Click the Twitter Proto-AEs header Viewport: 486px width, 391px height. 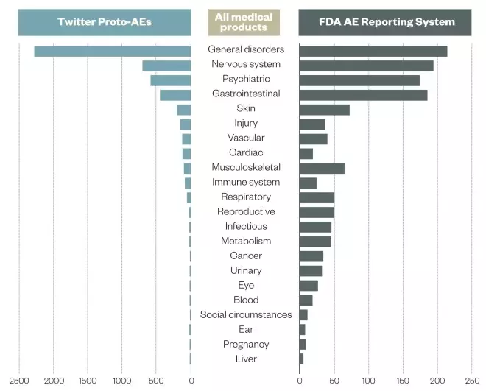click(x=105, y=22)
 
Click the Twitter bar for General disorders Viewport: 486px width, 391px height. click(x=113, y=50)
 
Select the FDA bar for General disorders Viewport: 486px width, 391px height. click(x=373, y=50)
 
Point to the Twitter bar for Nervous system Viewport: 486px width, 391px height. click(x=166, y=65)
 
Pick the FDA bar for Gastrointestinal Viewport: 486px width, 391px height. click(x=363, y=94)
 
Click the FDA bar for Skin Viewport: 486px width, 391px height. click(x=324, y=109)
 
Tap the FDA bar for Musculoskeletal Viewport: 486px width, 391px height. click(x=322, y=168)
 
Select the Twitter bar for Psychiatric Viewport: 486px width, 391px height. click(x=171, y=80)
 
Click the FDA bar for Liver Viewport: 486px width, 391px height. click(x=301, y=359)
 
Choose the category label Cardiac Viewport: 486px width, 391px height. click(x=245, y=153)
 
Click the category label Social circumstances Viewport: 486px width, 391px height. click(x=245, y=315)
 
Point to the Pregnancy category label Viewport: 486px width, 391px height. click(x=245, y=345)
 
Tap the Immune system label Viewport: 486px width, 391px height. click(x=245, y=183)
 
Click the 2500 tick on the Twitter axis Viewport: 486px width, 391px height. click(x=20, y=381)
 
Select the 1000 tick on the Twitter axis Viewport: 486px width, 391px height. click(x=122, y=381)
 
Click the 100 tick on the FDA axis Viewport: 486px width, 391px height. click(x=368, y=381)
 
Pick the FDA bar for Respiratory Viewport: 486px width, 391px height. click(x=317, y=197)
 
